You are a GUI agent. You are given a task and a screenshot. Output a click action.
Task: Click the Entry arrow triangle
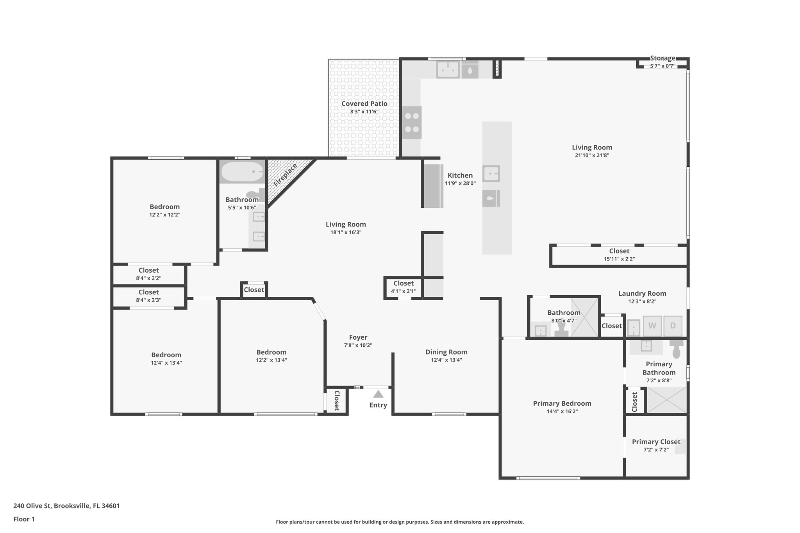pyautogui.click(x=378, y=394)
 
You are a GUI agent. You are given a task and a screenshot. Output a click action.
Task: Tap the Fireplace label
pyautogui.click(x=285, y=175)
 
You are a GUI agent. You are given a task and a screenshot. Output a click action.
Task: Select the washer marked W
pyautogui.click(x=652, y=326)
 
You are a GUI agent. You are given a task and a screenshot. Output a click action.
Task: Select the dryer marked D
pyautogui.click(x=673, y=326)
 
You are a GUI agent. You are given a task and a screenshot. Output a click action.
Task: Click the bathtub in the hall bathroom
pyautogui.click(x=242, y=171)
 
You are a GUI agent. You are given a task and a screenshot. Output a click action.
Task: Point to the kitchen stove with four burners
pyautogui.click(x=412, y=123)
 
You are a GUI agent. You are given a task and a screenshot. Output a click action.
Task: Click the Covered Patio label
pyautogui.click(x=364, y=103)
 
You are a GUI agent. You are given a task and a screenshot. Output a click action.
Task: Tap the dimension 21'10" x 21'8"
pyautogui.click(x=592, y=155)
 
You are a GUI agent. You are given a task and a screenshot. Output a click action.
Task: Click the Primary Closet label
pyautogui.click(x=656, y=442)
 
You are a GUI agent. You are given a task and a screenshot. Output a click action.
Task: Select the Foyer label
pyautogui.click(x=358, y=337)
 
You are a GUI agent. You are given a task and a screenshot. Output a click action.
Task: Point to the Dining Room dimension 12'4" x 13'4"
pyautogui.click(x=446, y=360)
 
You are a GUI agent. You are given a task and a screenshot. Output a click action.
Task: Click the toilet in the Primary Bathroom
pyautogui.click(x=677, y=349)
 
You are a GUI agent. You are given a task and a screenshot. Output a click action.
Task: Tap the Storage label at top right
pyautogui.click(x=662, y=58)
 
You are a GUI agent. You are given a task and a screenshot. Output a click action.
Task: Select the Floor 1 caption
pyautogui.click(x=24, y=519)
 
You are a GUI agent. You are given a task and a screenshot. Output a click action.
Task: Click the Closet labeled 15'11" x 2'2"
pyautogui.click(x=619, y=251)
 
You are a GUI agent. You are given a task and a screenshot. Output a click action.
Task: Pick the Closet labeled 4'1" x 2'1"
pyautogui.click(x=404, y=283)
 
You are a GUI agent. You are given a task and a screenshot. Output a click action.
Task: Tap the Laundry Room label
pyautogui.click(x=642, y=293)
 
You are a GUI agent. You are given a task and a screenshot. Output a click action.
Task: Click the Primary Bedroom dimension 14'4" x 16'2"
pyautogui.click(x=562, y=411)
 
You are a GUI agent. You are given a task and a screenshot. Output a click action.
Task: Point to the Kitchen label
pyautogui.click(x=460, y=175)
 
